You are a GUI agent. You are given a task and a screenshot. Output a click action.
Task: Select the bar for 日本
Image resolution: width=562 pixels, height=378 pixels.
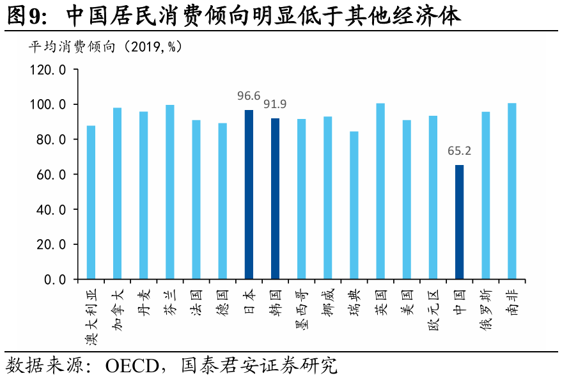click(249, 194)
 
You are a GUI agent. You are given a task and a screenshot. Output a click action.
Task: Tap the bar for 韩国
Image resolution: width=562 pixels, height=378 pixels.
click(275, 198)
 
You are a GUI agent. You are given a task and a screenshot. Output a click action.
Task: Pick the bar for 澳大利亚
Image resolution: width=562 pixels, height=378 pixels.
click(91, 202)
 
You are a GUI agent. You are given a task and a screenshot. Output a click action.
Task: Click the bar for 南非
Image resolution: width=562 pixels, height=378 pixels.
click(511, 191)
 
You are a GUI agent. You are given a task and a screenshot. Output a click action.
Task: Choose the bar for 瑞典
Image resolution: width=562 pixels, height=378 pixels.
click(354, 205)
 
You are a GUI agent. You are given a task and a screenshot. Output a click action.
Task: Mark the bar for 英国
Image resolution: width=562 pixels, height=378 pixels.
click(380, 191)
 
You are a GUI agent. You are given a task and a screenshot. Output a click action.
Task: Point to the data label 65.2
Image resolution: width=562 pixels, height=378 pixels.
click(459, 152)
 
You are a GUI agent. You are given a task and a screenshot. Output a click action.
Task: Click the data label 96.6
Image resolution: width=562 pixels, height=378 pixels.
click(249, 96)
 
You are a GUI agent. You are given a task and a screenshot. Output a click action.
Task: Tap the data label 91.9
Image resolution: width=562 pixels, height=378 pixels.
click(275, 104)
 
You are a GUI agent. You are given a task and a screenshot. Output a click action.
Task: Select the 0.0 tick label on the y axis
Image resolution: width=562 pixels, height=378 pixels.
click(55, 280)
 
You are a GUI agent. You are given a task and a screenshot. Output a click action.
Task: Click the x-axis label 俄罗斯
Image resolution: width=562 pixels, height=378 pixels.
click(486, 308)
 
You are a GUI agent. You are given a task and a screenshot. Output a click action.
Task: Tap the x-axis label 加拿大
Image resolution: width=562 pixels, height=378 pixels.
click(118, 308)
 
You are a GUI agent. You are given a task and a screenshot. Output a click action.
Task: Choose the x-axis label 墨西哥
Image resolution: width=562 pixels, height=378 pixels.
click(302, 308)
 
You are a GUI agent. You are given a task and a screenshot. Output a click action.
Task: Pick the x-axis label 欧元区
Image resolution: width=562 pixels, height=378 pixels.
click(433, 308)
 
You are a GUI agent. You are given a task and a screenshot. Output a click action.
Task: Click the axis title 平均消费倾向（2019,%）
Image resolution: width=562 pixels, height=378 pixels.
click(104, 47)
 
